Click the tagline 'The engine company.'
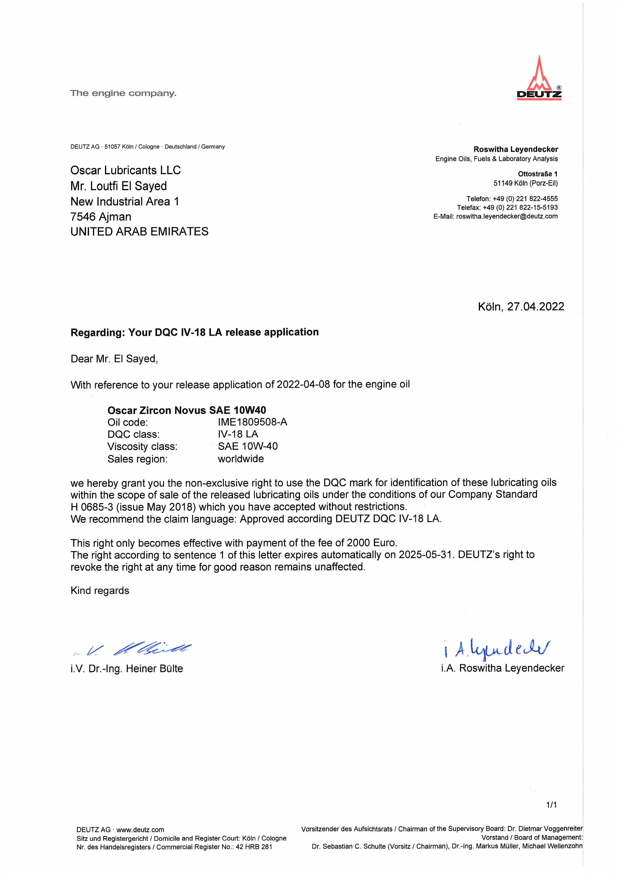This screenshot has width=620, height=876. click(x=123, y=93)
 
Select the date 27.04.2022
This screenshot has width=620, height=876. click(x=535, y=307)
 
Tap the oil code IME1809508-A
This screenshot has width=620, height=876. click(x=252, y=422)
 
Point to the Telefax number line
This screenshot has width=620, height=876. click(x=507, y=208)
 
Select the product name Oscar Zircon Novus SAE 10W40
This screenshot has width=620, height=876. click(x=186, y=410)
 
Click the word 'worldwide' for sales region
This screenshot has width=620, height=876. click(x=241, y=459)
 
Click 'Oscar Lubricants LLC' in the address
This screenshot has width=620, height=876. click(x=125, y=170)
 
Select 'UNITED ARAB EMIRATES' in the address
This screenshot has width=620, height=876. click(x=139, y=231)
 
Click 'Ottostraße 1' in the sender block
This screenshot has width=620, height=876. click(x=537, y=174)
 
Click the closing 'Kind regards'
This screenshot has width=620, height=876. click(x=100, y=591)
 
